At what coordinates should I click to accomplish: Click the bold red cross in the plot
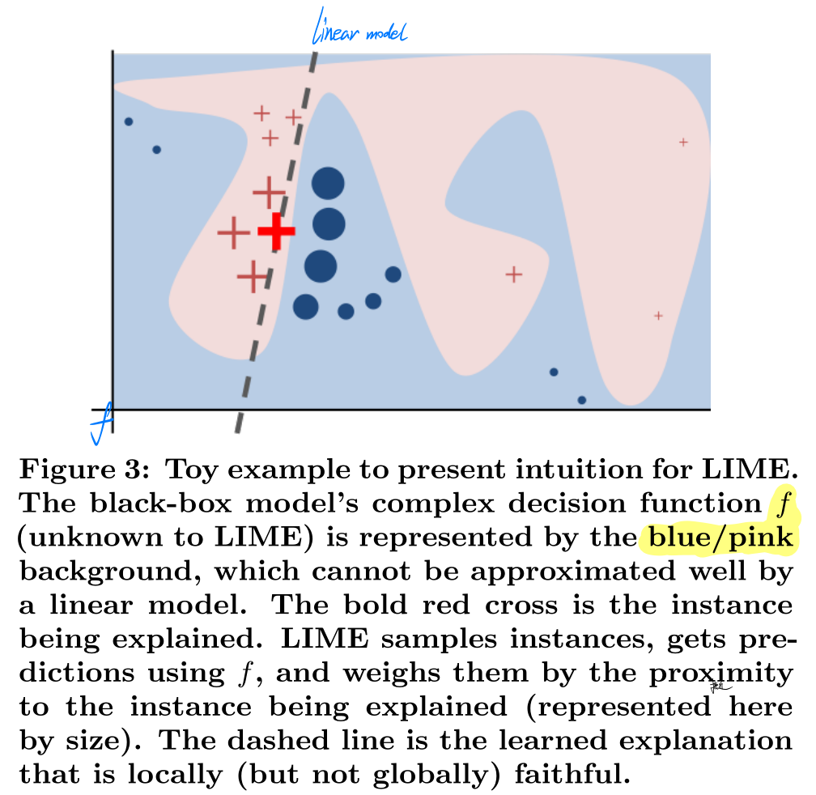(x=276, y=232)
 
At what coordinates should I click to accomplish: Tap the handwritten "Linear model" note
(x=359, y=33)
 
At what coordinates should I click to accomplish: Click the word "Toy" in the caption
(x=198, y=469)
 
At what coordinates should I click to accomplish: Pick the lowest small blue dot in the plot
(x=581, y=400)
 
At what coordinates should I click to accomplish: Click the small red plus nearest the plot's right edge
(x=683, y=142)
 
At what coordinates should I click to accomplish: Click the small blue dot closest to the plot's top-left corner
(x=129, y=122)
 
